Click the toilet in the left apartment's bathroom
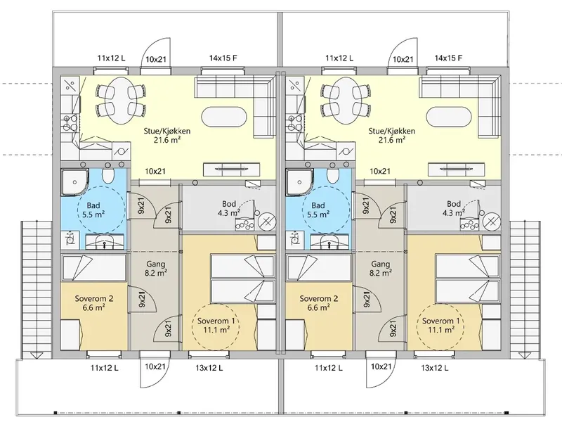pyautogui.click(x=108, y=175)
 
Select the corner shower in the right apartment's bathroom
pyautogui.click(x=299, y=182)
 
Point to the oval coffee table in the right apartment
pyautogui.click(x=448, y=117)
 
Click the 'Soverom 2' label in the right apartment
pyautogui.click(x=319, y=298)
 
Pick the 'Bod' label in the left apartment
pyautogui.click(x=229, y=204)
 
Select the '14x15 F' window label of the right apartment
pyautogui.click(x=448, y=58)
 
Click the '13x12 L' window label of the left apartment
pyautogui.click(x=209, y=368)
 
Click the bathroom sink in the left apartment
pyautogui.click(x=104, y=241)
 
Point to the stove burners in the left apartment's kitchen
pyautogui.click(x=70, y=122)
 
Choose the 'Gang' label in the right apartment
pyautogui.click(x=380, y=264)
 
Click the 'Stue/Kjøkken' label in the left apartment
pyautogui.click(x=167, y=131)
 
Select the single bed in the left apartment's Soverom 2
pyautogui.click(x=94, y=267)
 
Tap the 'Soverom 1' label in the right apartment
pyautogui.click(x=440, y=321)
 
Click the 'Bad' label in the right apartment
pyautogui.click(x=318, y=205)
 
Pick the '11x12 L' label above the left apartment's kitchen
pyautogui.click(x=111, y=58)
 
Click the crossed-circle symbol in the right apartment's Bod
pyautogui.click(x=492, y=223)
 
